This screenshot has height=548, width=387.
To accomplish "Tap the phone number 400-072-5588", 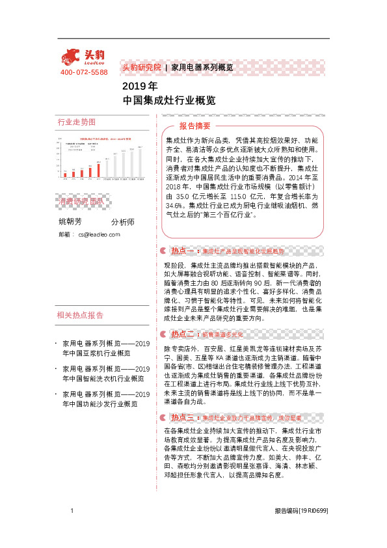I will [x=84, y=72].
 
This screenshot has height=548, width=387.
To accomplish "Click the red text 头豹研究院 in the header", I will [x=141, y=67].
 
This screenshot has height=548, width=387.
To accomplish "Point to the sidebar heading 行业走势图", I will [x=77, y=122].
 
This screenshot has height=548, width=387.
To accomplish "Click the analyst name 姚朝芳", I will [x=70, y=221].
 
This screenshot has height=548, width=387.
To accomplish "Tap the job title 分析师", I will [x=122, y=222].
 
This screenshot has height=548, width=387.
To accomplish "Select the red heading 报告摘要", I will [x=195, y=126].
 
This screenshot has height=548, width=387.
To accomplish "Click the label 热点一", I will [x=182, y=251].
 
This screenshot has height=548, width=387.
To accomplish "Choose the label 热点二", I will [x=182, y=334].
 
